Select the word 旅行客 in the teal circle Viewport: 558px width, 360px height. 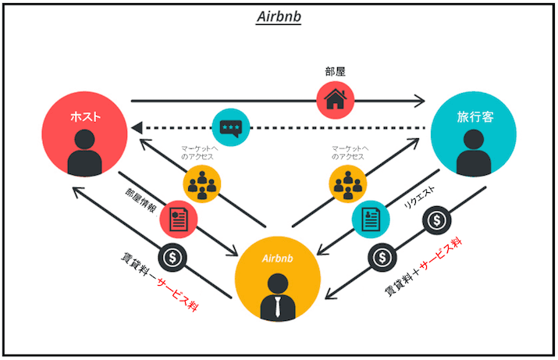tap(474, 116)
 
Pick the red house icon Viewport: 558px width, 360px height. tap(336, 100)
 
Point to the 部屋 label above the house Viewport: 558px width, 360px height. tap(336, 71)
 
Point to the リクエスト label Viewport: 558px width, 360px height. tap(419, 199)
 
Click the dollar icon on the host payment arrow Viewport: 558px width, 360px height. tap(171, 258)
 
